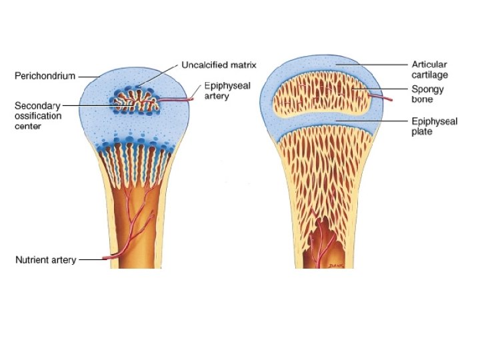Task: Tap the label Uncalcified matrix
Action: [219, 65]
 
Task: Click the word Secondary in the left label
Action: [37, 105]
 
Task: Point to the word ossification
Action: [38, 115]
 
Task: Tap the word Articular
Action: [429, 65]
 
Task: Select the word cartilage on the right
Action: [430, 75]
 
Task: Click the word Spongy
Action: [428, 89]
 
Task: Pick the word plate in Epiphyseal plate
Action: [421, 132]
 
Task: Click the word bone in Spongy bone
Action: [423, 99]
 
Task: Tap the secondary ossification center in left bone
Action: [137, 103]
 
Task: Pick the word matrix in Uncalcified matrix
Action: [243, 65]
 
